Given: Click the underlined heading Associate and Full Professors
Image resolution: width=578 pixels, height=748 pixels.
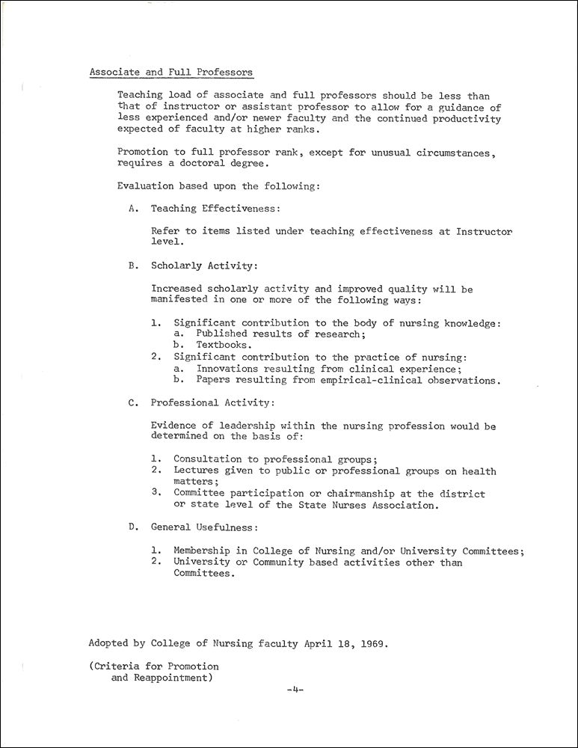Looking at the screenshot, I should (171, 73).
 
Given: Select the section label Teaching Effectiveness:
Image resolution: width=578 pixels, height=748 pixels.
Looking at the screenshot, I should (216, 209).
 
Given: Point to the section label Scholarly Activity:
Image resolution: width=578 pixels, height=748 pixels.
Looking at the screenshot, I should (205, 265).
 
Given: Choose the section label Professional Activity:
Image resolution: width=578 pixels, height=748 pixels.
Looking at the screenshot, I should (213, 402).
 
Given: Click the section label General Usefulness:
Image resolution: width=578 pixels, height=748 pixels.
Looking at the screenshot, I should (205, 527).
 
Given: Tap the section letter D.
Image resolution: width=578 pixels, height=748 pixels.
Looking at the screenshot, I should (132, 527).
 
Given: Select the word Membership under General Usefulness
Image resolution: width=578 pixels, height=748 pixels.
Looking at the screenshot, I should (204, 551).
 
